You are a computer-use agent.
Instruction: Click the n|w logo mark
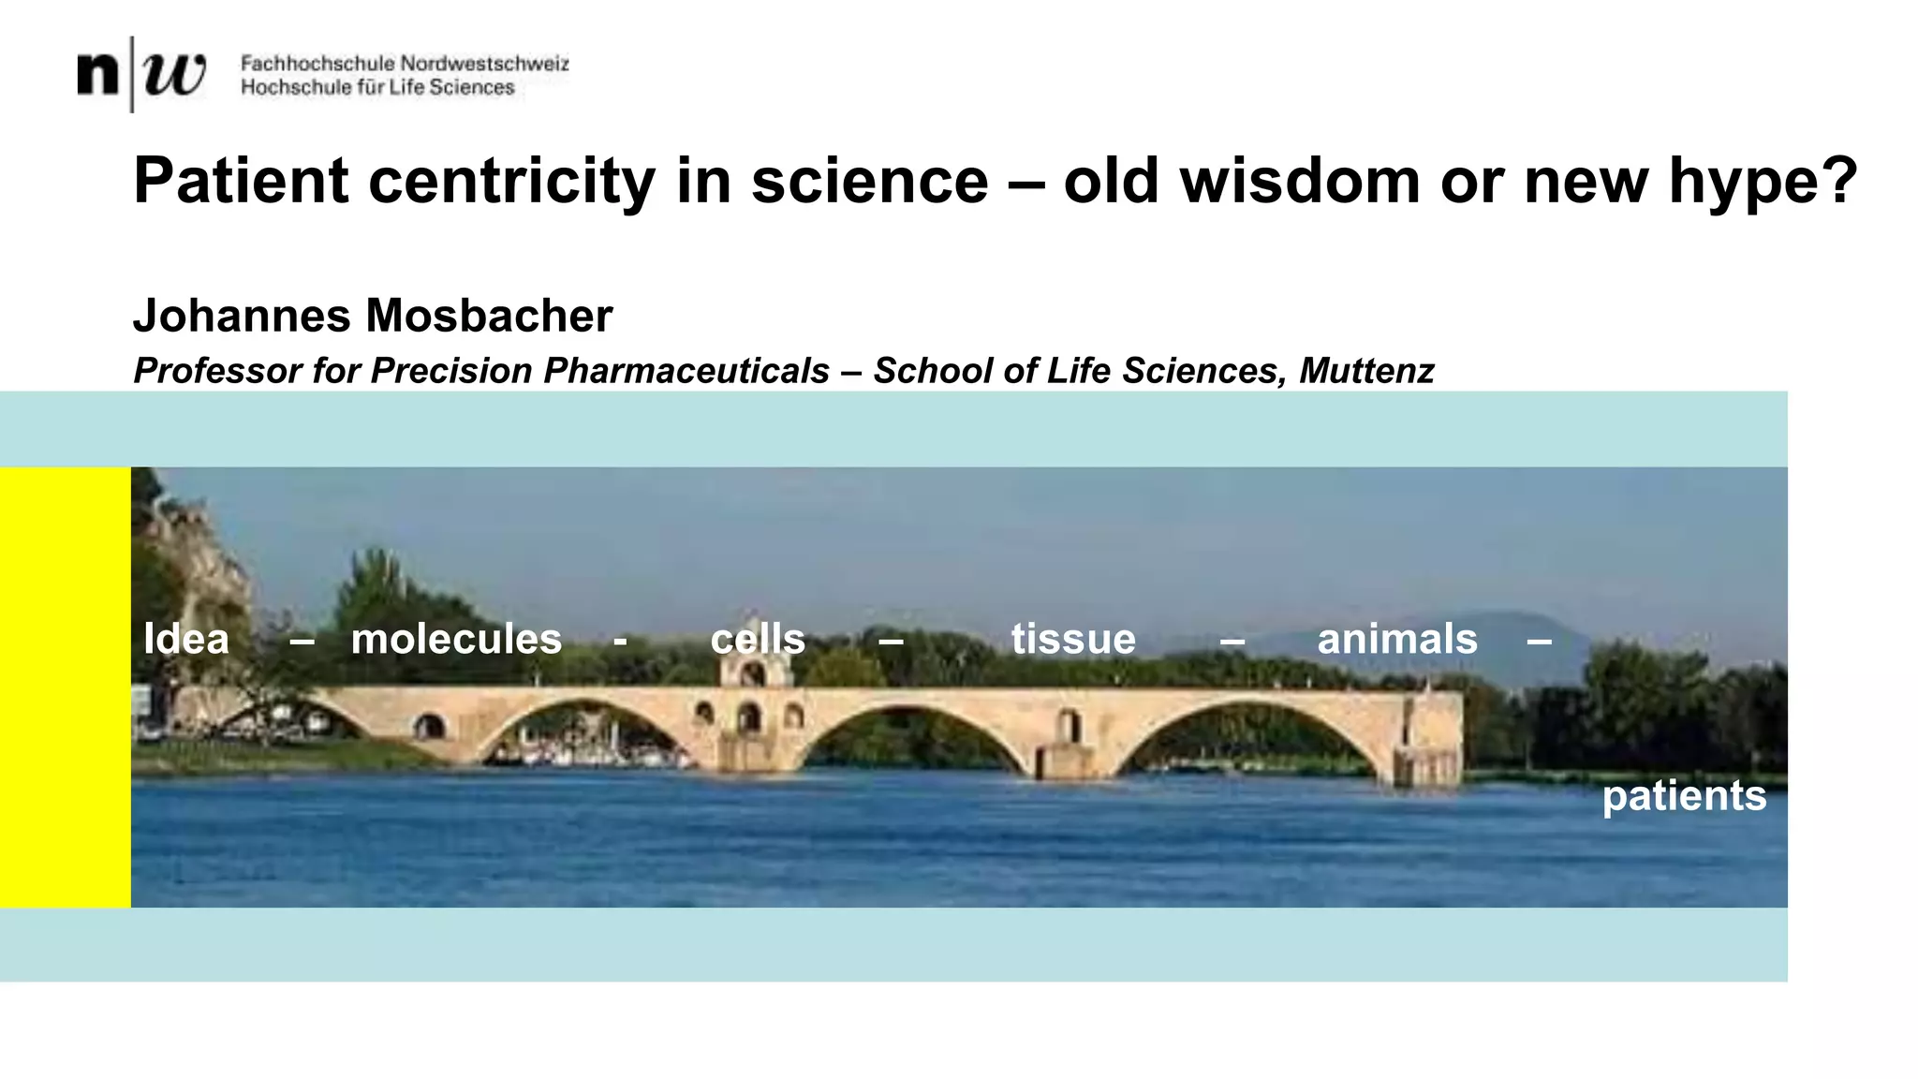pyautogui.click(x=141, y=74)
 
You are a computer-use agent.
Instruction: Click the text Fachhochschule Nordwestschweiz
pyautogui.click(x=405, y=64)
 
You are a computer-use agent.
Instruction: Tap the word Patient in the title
pyautogui.click(x=242, y=180)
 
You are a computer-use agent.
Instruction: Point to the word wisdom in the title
pyautogui.click(x=1300, y=180)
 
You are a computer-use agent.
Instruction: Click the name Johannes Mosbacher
pyautogui.click(x=373, y=316)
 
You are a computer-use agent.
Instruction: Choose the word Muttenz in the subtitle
pyautogui.click(x=1366, y=371)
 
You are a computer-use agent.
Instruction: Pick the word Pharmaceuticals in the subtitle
pyautogui.click(x=686, y=371)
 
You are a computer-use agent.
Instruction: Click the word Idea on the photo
pyautogui.click(x=186, y=640)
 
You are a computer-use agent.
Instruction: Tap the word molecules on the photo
pyautogui.click(x=456, y=640)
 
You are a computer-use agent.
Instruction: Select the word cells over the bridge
pyautogui.click(x=758, y=640)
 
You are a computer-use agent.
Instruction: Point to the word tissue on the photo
pyautogui.click(x=1073, y=640)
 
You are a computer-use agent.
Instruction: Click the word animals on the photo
pyautogui.click(x=1397, y=640)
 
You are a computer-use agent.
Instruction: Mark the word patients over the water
pyautogui.click(x=1684, y=796)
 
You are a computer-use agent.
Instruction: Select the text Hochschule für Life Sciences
pyautogui.click(x=377, y=88)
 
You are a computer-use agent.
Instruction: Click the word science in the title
pyautogui.click(x=869, y=180)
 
